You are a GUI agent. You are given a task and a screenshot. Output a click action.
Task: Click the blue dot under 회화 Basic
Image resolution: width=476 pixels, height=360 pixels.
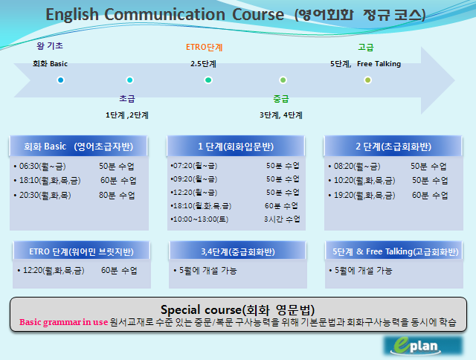61,80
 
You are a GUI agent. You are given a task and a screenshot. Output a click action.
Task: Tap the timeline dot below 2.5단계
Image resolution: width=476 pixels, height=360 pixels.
208,80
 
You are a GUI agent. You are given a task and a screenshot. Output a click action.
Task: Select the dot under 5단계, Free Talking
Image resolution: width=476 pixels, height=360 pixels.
367,80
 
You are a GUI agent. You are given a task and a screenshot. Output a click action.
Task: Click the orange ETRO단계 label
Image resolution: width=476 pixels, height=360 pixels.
205,48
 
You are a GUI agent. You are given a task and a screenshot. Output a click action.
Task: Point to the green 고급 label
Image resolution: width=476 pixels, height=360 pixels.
366,47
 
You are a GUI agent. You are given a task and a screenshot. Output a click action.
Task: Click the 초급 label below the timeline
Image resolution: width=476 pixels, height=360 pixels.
127,98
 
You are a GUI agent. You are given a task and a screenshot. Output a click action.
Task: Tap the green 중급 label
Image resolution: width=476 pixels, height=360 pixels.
281,99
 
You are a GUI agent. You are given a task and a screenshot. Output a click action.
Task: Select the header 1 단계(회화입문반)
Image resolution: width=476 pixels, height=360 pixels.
236,147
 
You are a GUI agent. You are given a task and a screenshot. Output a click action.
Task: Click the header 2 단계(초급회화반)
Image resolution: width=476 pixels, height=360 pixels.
393,147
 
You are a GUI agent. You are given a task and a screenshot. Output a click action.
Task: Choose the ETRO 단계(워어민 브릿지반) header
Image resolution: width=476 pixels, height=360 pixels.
81,251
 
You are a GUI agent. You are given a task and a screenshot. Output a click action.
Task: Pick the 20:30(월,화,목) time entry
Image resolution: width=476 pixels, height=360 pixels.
45,195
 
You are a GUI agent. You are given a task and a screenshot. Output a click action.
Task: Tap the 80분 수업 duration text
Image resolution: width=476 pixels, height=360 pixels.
117,195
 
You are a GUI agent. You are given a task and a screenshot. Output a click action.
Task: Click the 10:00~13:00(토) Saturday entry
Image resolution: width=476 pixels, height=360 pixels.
200,219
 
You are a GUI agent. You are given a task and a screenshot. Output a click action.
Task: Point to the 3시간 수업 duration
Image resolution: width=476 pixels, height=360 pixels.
282,219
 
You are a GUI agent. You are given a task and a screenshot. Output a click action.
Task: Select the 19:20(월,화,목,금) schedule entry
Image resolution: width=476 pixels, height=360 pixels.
364,195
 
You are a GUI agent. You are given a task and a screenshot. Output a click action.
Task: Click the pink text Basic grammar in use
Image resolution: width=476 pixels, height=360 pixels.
64,322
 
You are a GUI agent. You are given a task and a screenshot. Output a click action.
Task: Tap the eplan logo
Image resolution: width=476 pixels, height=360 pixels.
423,345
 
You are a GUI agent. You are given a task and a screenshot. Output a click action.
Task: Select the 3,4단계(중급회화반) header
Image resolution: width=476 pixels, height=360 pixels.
238,251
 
